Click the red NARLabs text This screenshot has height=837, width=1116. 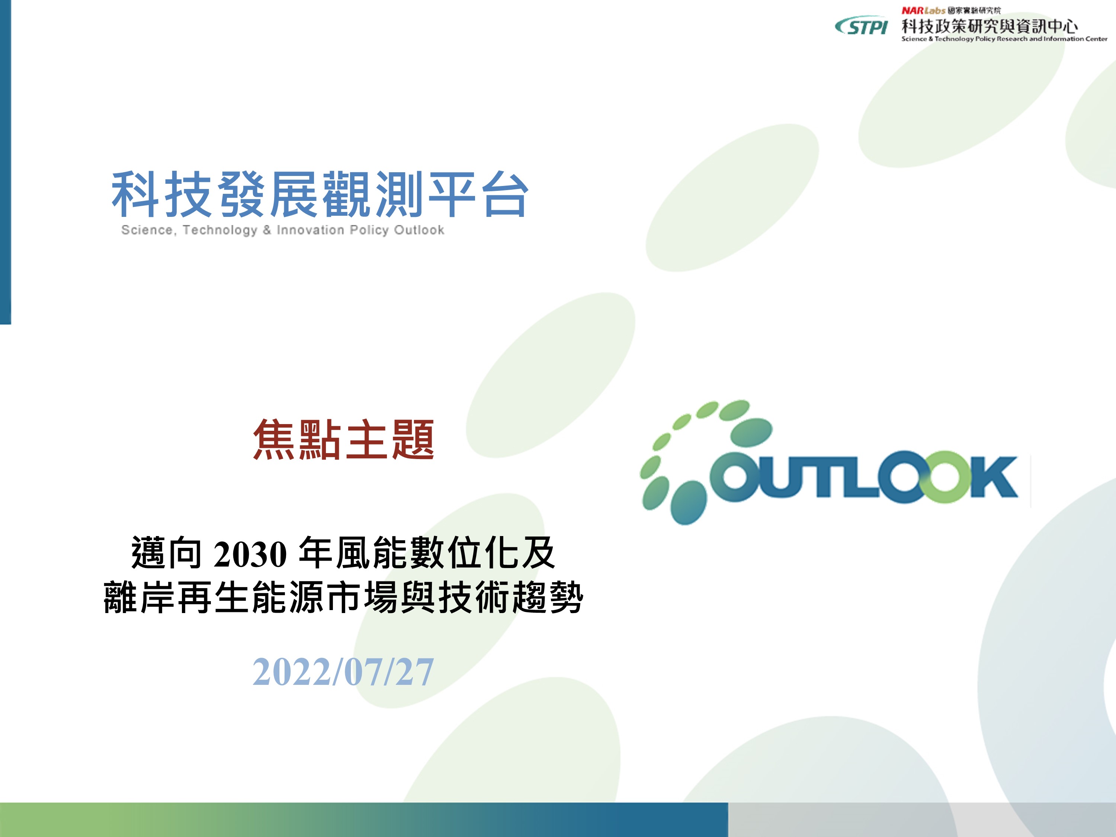point(923,10)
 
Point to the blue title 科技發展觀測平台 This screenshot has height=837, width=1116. point(320,194)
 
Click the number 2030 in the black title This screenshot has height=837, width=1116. point(250,554)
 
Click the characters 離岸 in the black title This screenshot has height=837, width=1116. point(140,597)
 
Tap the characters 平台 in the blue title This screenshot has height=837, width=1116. point(478,194)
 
